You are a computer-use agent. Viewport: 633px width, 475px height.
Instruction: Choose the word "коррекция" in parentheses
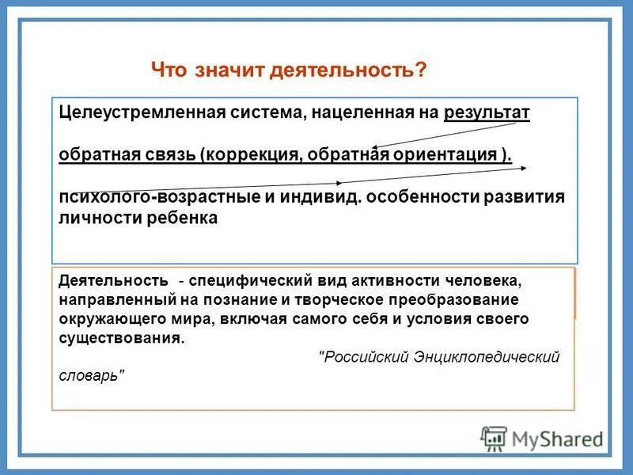click(x=249, y=154)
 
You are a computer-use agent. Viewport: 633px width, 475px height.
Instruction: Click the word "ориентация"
click(x=449, y=154)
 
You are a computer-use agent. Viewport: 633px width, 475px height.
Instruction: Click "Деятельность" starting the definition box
click(x=113, y=281)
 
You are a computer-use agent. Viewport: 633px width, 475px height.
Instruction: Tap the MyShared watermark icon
click(x=494, y=439)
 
